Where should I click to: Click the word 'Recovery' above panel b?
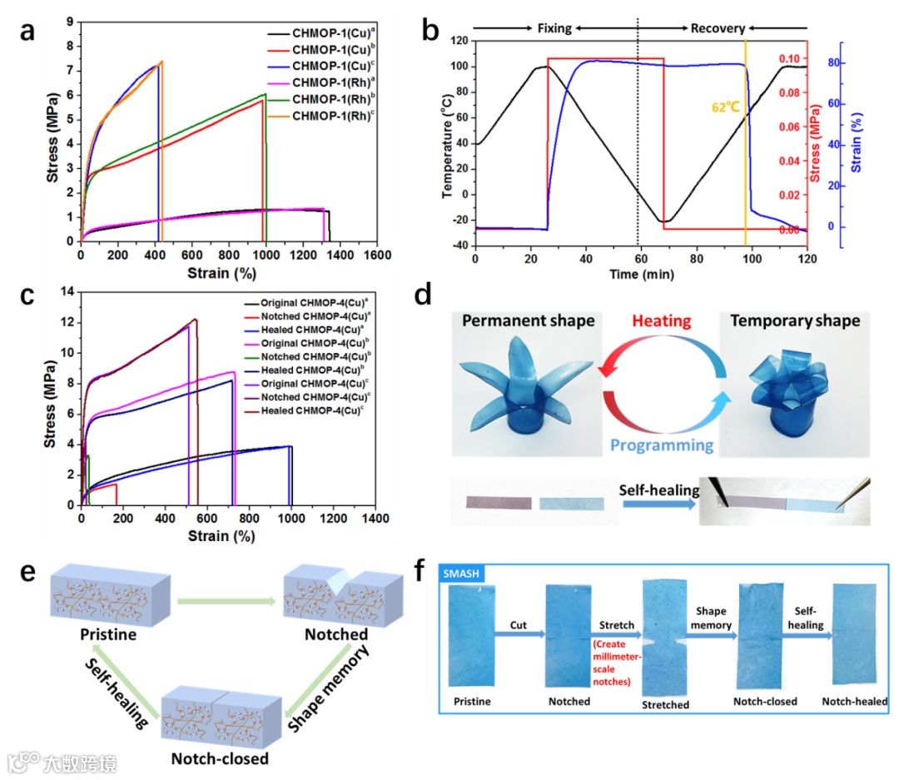(717, 28)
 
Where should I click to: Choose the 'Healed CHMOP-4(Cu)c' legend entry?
(315, 410)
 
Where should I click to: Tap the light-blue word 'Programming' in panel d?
(662, 445)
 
